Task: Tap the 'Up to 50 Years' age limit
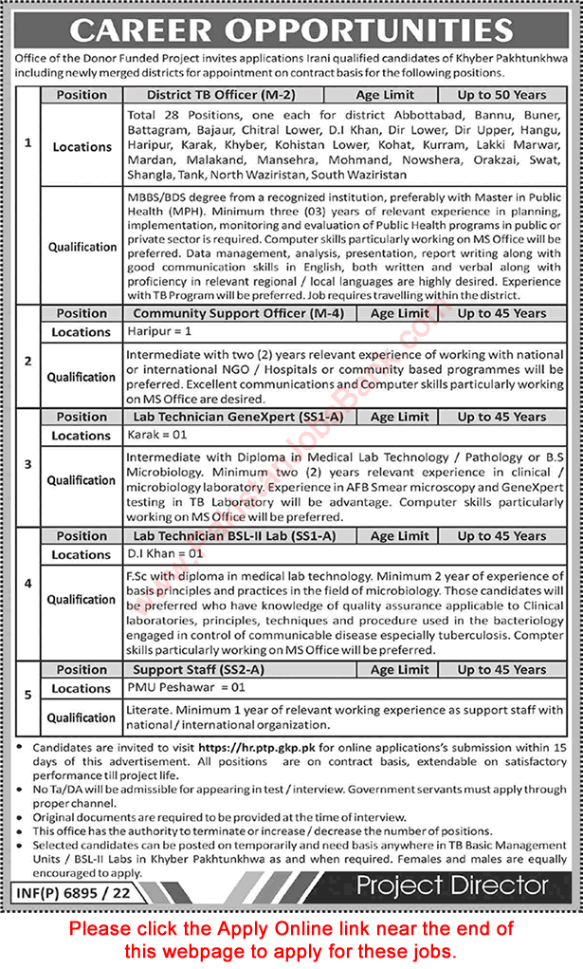coord(501,95)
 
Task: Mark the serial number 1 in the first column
coord(27,142)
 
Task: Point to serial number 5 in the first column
coord(27,695)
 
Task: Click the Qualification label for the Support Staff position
coord(82,717)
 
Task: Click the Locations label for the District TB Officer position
coord(82,147)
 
